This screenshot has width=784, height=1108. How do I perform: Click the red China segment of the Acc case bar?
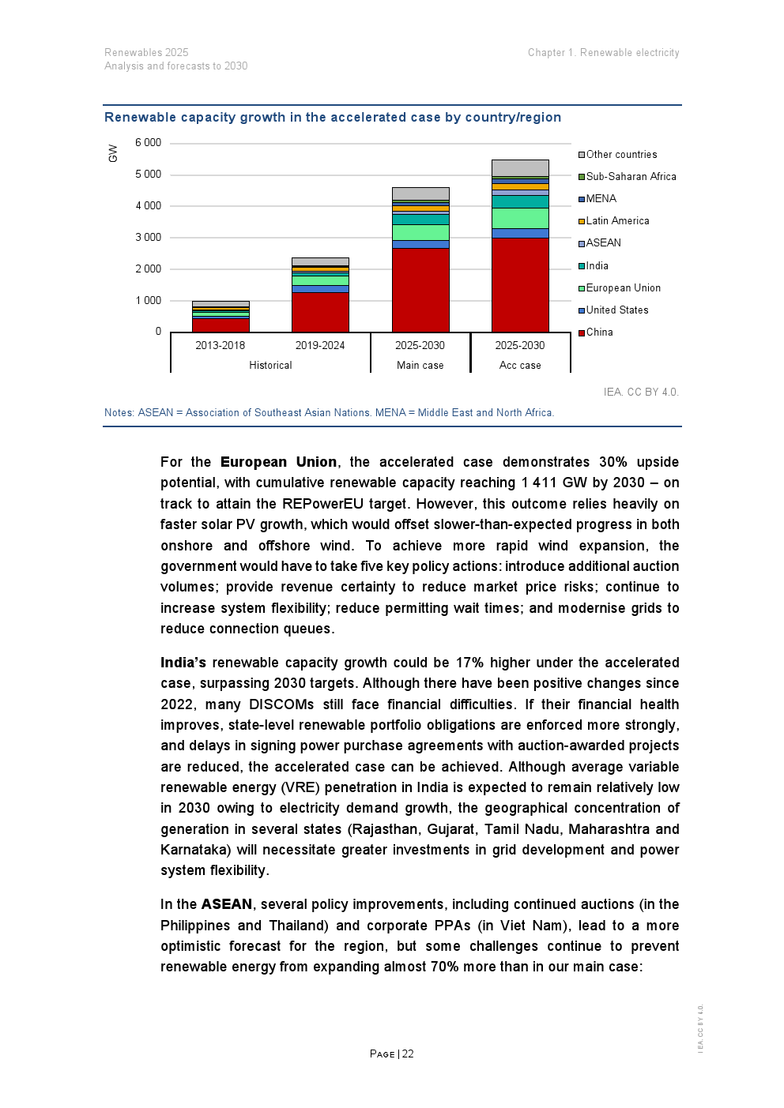coord(520,284)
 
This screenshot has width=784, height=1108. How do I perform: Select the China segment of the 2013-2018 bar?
coord(220,325)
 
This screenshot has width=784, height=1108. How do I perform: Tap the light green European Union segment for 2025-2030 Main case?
coord(420,232)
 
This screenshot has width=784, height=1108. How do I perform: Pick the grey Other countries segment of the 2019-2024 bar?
coord(320,261)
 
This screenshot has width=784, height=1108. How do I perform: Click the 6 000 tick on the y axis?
coord(148,143)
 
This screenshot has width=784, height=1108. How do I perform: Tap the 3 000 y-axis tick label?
coord(148,238)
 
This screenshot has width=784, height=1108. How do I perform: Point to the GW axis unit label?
coord(113,153)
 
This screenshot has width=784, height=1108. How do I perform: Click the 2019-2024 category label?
coord(320,346)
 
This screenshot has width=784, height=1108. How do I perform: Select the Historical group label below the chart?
coord(270,366)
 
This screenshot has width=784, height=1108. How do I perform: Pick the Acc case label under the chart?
coord(520,366)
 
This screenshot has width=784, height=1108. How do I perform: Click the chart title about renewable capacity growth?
coord(333,118)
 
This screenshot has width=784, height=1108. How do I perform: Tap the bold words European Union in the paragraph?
coord(278,462)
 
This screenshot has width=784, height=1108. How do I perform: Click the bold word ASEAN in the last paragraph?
coord(227,904)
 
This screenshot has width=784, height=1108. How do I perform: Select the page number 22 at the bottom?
coord(408,1054)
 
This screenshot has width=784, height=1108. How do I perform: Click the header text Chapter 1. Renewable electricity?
coord(603,53)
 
